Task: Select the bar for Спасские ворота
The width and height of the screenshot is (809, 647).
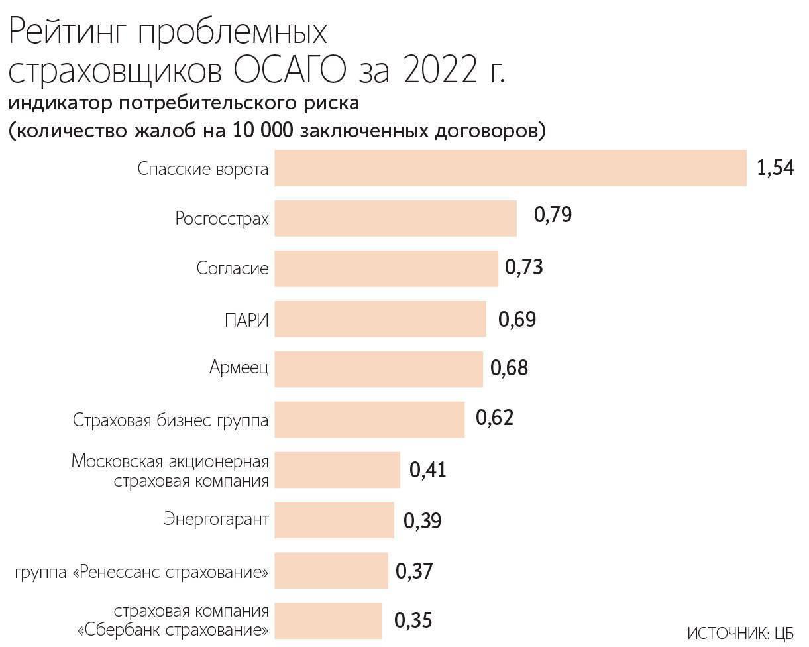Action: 510,168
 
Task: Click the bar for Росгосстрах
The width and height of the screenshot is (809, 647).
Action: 396,218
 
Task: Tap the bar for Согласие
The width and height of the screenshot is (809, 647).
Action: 386,268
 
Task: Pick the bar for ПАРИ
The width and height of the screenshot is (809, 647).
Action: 380,319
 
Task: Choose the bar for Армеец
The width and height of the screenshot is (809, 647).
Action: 378,369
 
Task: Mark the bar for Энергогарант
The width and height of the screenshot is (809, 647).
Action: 334,520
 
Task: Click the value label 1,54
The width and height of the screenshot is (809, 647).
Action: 775,168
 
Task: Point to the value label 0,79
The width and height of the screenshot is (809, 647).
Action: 553,215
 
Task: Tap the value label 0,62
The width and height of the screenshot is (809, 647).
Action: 494,418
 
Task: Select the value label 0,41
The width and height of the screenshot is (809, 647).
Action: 428,470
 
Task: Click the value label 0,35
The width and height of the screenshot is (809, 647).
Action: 413,620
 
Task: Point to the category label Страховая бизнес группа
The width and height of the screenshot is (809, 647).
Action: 171,420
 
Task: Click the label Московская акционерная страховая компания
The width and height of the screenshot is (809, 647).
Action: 170,470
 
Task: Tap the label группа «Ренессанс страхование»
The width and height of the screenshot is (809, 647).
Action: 142,571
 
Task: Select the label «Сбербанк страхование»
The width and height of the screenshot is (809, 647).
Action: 174,629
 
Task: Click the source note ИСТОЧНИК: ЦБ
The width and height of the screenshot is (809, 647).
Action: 740,633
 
